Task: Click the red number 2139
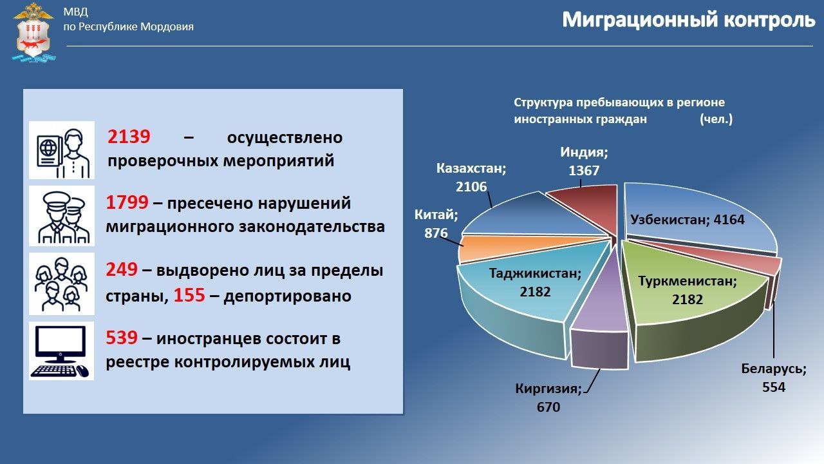coord(129,137)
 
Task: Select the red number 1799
coord(127,204)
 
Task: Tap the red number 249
coord(121,271)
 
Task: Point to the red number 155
coord(189,296)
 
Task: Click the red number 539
coord(121,338)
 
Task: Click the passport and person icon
coord(62,150)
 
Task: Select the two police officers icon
coord(62,217)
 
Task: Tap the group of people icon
coord(62,284)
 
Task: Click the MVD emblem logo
coord(34,32)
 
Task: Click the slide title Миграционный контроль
coord(688,20)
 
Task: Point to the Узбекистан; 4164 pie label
coord(687,220)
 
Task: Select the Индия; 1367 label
coord(584,162)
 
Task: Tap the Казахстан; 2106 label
coord(471,178)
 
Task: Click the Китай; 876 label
coord(436,224)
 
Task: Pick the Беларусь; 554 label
coord(773,378)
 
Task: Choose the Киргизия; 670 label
coord(548,398)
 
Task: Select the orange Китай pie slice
coord(473,249)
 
